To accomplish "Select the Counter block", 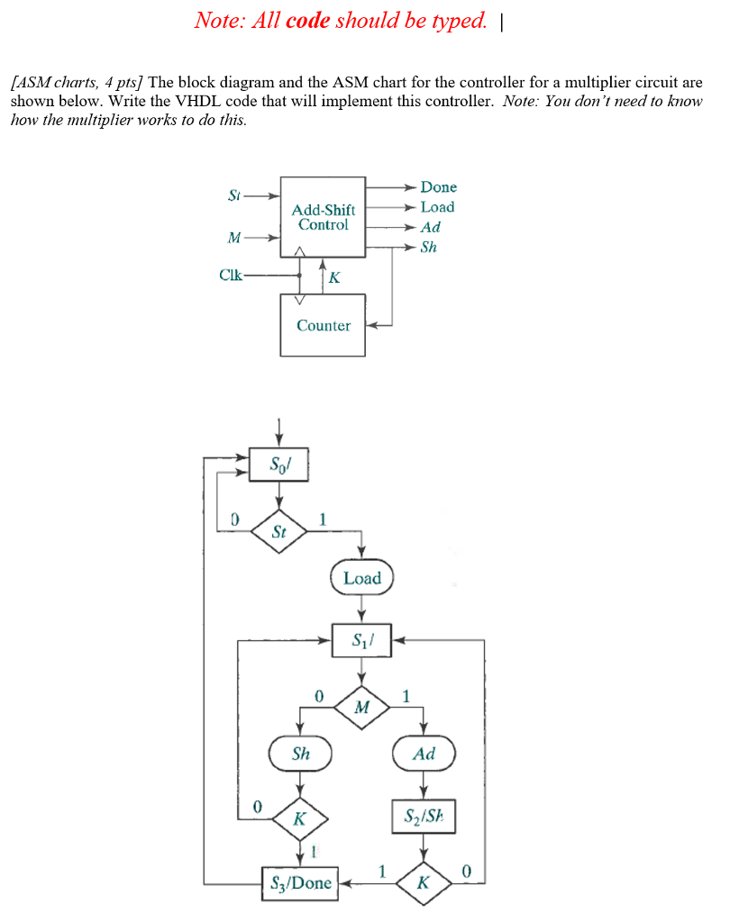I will pos(323,325).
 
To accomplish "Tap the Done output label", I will pos(438,187).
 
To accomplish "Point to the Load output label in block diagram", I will pos(437,207).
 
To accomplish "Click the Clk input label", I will pos(231,276).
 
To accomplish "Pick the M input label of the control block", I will pos(234,239).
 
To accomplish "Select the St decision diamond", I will pos(278,531).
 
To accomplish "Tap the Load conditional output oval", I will pos(361,578).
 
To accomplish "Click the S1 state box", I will pos(361,641).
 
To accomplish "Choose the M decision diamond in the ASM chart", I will pos(361,708).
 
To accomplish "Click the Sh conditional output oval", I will pos(300,754).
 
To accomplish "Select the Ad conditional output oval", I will pos(424,754).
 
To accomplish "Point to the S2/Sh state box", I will pos(424,817).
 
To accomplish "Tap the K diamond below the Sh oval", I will pos(300,819).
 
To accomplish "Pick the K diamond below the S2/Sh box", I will pos(424,882).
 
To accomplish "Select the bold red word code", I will pos(307,21).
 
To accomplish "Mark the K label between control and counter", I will pos(334,277).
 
